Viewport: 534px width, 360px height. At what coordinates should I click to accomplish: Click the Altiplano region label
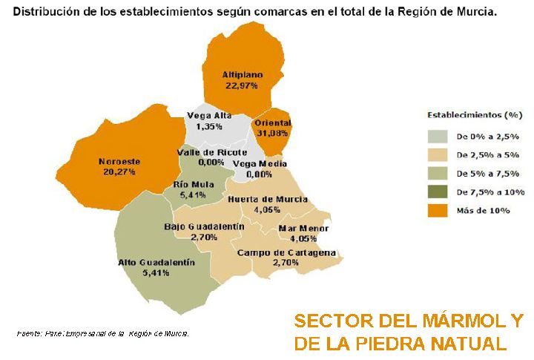pyautogui.click(x=240, y=74)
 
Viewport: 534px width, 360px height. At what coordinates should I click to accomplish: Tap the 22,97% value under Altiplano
pyautogui.click(x=240, y=85)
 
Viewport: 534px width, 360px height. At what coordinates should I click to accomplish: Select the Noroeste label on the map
pyautogui.click(x=119, y=161)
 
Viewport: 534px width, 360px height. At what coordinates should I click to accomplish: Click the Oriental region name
pyautogui.click(x=271, y=122)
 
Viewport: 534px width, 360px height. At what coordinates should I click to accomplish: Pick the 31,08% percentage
pyautogui.click(x=271, y=133)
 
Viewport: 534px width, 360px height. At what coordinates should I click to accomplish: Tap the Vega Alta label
pyautogui.click(x=209, y=116)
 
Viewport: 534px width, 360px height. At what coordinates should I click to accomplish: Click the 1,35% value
pyautogui.click(x=209, y=127)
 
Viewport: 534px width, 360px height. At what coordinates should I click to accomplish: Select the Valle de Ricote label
pyautogui.click(x=211, y=152)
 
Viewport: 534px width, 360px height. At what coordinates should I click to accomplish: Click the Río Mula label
pyautogui.click(x=194, y=184)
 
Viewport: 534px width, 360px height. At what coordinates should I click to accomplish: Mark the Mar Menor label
pyautogui.click(x=303, y=228)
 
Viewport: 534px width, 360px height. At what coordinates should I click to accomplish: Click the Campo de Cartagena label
pyautogui.click(x=286, y=252)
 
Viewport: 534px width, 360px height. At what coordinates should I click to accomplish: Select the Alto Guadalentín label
pyautogui.click(x=156, y=262)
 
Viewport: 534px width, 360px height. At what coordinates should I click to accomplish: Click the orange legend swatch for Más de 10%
pyautogui.click(x=438, y=211)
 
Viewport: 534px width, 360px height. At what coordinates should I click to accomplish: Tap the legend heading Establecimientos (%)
pyautogui.click(x=475, y=116)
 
